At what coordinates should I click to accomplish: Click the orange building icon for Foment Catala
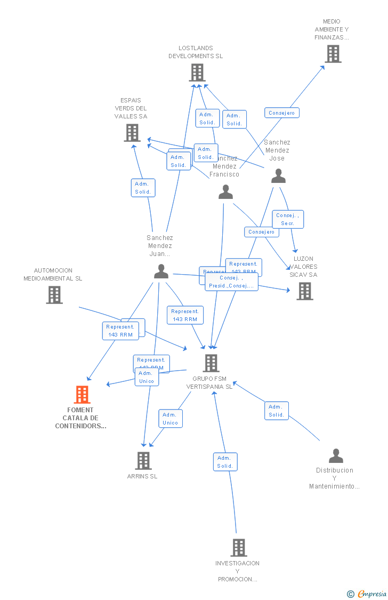82,395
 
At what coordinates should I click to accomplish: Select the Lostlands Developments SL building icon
197,73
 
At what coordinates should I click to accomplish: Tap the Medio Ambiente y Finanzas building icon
333,54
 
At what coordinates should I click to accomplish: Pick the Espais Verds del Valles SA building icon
132,133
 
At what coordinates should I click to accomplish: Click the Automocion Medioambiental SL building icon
54,295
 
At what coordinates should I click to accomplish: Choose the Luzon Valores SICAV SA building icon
304,291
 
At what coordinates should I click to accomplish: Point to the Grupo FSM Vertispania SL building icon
211,363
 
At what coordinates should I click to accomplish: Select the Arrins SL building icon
143,461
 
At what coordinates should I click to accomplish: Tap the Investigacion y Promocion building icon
238,548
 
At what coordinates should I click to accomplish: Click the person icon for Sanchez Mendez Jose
278,176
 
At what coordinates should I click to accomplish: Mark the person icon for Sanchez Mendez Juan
161,271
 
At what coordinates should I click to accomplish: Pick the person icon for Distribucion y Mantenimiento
336,456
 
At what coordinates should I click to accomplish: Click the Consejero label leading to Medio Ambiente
282,113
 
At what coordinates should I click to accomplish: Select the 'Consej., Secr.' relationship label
288,219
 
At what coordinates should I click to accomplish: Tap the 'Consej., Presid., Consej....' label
231,282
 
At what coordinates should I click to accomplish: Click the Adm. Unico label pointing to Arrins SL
170,419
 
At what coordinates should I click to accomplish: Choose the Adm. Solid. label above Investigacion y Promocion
225,462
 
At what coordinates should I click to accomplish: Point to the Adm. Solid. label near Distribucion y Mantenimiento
276,411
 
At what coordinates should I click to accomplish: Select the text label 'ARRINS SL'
142,476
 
